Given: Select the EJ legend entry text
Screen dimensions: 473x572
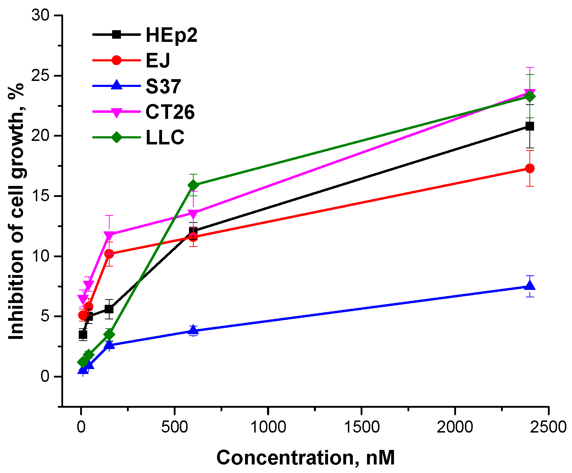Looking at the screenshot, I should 158,60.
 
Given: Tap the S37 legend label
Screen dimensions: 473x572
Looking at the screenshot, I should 163,86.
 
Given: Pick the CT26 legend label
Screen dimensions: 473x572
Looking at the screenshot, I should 170,112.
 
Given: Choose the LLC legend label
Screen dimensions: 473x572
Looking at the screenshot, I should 165,138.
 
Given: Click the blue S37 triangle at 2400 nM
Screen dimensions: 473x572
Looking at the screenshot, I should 530,286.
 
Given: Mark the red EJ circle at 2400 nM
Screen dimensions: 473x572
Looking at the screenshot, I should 530,168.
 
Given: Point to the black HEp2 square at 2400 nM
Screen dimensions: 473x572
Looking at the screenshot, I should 530,126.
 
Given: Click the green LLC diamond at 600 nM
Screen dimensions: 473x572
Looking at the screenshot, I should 193,185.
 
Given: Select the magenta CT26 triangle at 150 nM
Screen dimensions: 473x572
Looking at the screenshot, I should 109,235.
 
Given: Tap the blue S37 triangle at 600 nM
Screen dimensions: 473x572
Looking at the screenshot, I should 193,330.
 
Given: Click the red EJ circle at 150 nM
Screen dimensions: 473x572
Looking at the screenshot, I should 109,254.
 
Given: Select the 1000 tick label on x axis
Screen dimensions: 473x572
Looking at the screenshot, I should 268,427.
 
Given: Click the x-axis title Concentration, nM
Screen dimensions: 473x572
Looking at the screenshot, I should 305,457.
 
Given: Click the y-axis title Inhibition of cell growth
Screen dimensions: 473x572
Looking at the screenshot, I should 16,211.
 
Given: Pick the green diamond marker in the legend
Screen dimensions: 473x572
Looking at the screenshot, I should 116,137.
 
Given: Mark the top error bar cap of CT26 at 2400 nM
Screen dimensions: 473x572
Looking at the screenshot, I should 530,67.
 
